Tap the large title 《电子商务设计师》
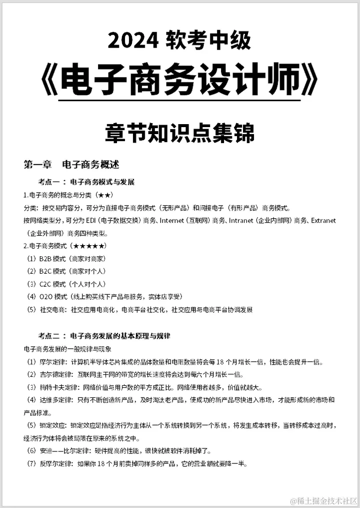tap(179, 80)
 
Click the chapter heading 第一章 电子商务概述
tap(71, 164)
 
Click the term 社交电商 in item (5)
tap(53, 310)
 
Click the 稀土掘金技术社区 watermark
tap(324, 500)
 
